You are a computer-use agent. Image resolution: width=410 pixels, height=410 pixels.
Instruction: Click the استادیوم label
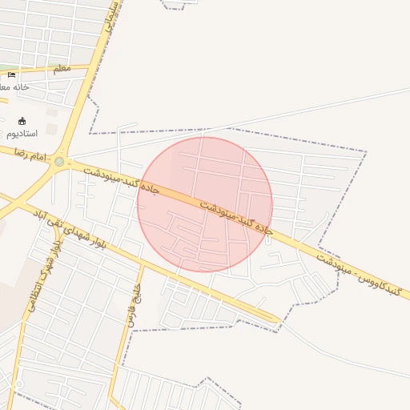[x=21, y=133]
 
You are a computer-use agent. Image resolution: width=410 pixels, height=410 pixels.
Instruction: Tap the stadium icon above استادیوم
[x=22, y=121]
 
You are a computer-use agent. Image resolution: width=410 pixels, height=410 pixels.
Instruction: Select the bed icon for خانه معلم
[x=11, y=75]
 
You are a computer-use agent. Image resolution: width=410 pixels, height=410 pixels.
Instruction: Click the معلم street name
[x=62, y=70]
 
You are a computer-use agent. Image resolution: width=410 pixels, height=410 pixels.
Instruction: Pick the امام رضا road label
[x=37, y=155]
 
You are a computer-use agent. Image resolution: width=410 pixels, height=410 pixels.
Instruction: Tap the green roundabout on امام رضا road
[x=59, y=162]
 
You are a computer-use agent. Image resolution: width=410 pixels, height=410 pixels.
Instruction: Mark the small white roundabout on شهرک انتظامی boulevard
[x=18, y=385]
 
